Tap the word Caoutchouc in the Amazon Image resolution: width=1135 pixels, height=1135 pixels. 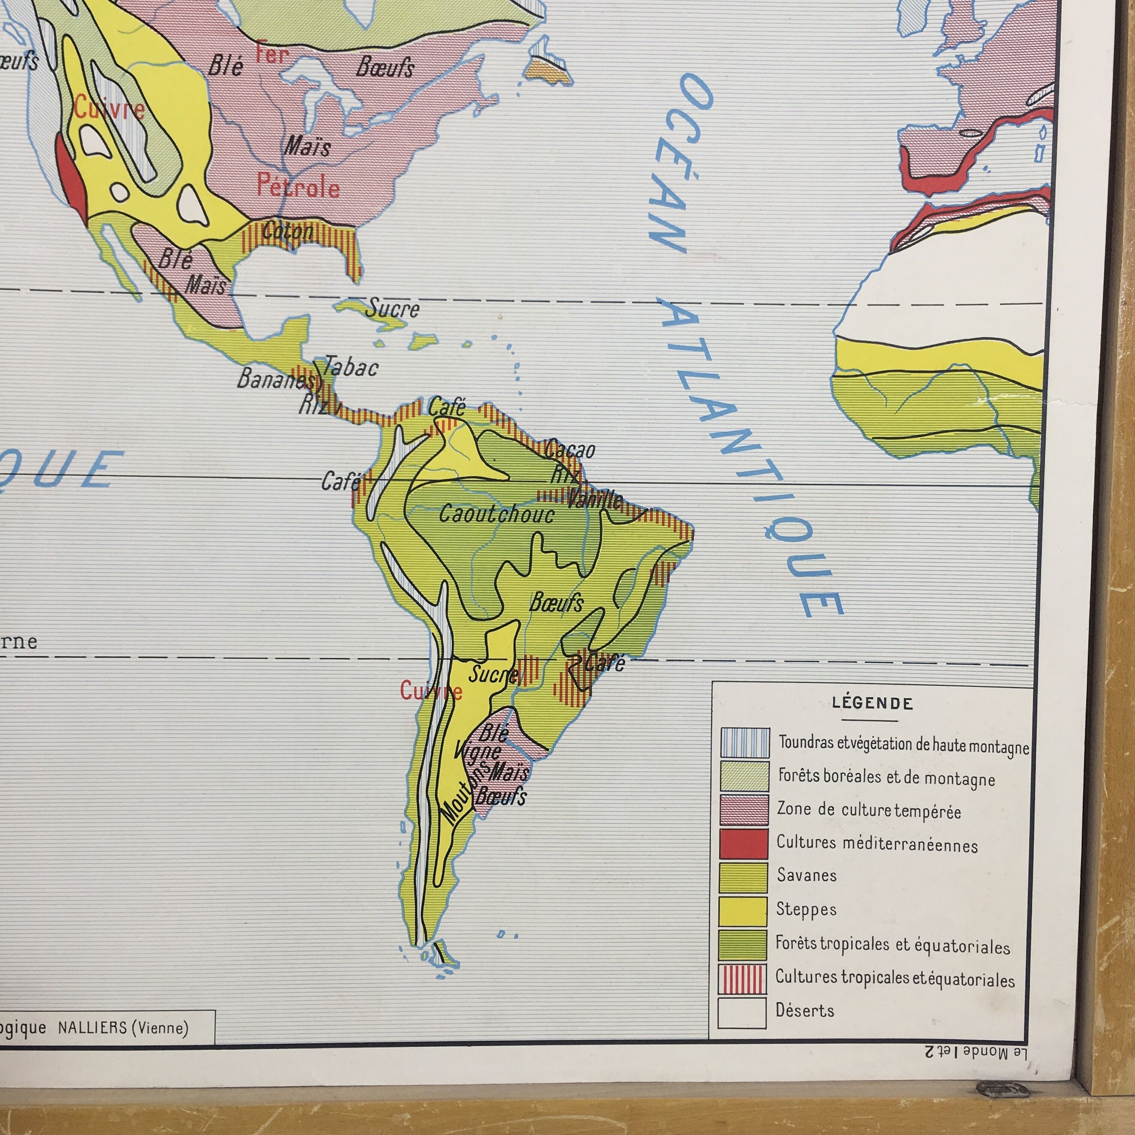(497, 515)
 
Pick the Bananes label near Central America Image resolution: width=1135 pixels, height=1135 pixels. (275, 379)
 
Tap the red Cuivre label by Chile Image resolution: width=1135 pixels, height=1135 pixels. (431, 691)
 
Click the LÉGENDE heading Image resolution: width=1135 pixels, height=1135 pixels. (872, 703)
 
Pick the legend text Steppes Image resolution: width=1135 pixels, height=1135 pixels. (806, 909)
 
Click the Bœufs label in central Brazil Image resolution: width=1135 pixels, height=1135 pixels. (556, 602)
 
